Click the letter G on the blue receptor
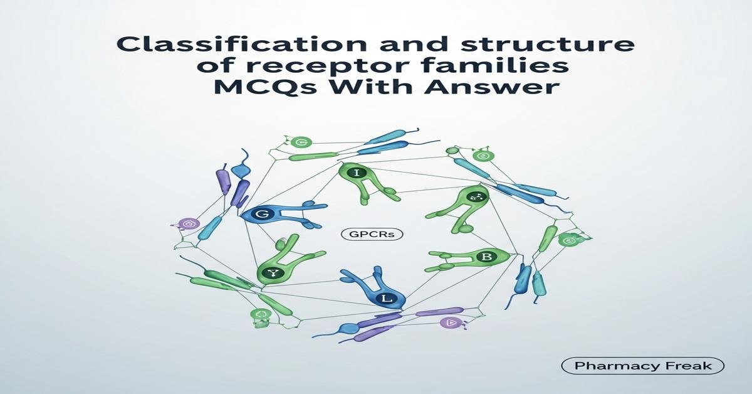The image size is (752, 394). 261,214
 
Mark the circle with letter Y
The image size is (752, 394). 273,272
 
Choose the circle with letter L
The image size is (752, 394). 387,299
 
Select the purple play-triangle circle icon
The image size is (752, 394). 450,322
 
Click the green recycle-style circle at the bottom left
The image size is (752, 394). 259,315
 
